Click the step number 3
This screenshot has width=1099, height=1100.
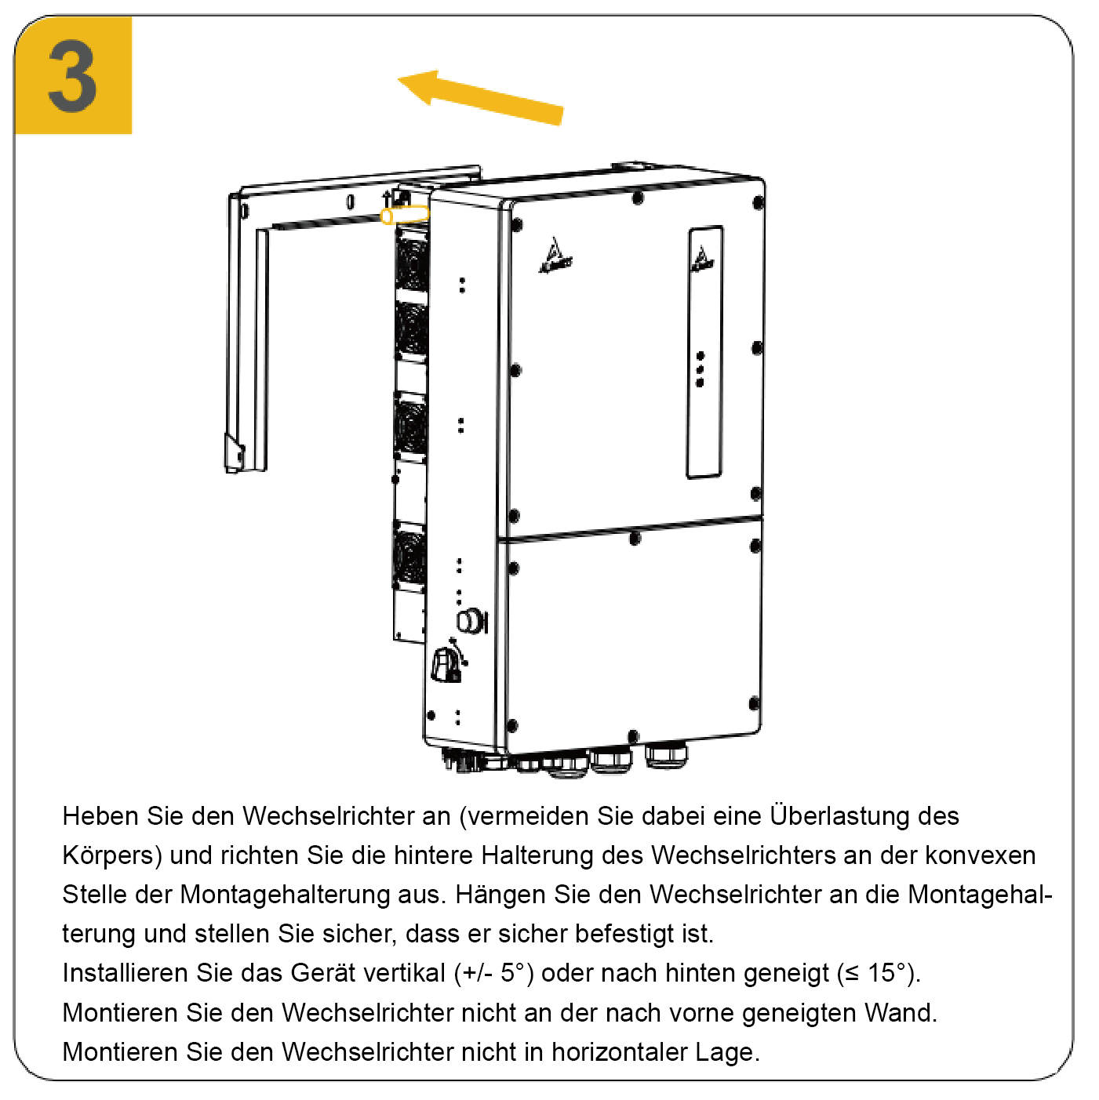[72, 76]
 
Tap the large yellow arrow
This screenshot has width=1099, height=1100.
[480, 98]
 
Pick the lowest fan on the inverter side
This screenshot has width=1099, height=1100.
[409, 558]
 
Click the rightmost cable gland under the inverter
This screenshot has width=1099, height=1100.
[666, 756]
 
